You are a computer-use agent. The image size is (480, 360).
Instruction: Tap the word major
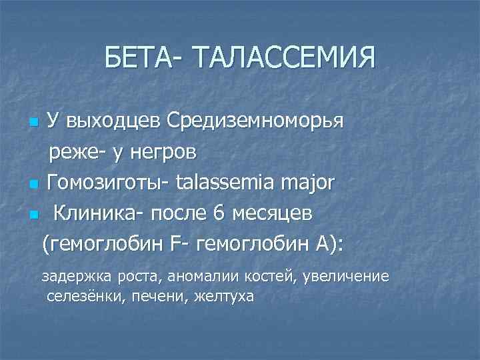(x=311, y=184)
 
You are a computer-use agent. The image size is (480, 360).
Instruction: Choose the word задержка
(x=71, y=276)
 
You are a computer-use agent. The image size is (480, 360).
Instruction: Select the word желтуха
(x=224, y=295)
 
